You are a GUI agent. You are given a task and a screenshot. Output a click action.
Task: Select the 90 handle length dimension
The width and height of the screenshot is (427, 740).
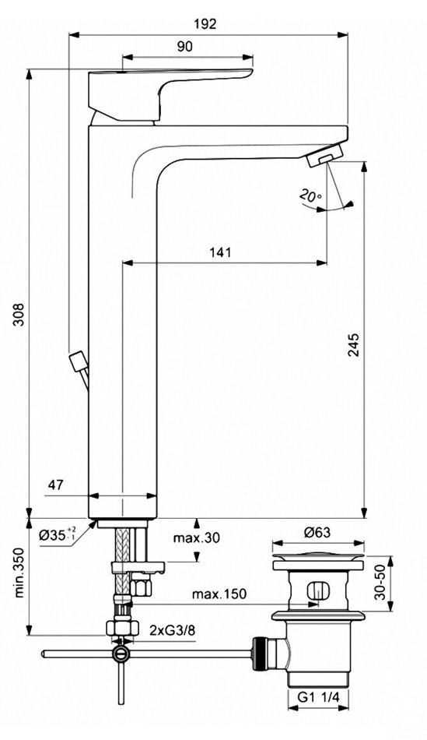coord(185,47)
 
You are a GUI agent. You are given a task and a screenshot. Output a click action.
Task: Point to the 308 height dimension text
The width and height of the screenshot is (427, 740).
coord(18,314)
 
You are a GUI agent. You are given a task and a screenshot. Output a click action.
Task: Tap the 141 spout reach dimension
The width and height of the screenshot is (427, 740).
coord(220,252)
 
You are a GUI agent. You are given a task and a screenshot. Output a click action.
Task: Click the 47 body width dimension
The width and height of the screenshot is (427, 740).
coord(56,485)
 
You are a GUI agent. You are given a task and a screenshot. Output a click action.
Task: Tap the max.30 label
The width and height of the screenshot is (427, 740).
coord(196,537)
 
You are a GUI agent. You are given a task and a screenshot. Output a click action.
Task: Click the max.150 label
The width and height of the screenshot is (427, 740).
coord(219,594)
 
